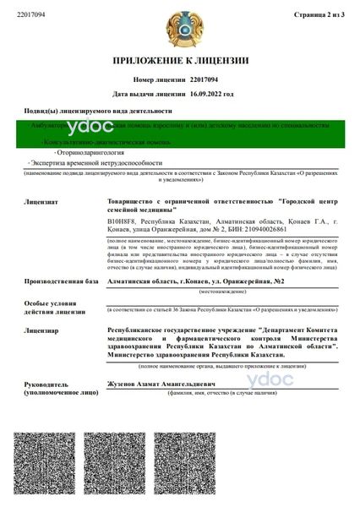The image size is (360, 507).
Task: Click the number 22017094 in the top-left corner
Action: [x=31, y=14]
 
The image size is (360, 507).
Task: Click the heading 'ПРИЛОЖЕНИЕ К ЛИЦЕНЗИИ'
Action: [x=181, y=61]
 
